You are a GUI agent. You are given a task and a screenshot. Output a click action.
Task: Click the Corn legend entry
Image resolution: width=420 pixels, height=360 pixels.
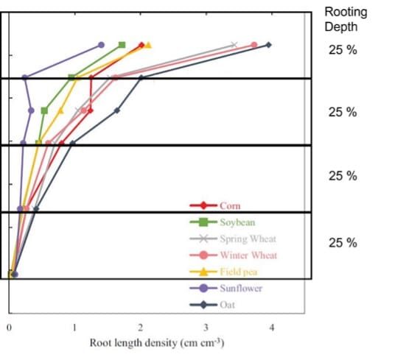pyautogui.click(x=215, y=205)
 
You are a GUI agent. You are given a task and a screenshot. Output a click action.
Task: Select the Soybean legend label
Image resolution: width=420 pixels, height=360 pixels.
pyautogui.click(x=237, y=222)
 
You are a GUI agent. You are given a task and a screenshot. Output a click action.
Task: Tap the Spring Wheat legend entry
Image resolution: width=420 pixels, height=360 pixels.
pyautogui.click(x=233, y=239)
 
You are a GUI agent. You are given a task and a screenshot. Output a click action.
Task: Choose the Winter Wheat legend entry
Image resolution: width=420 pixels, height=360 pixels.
pyautogui.click(x=234, y=255)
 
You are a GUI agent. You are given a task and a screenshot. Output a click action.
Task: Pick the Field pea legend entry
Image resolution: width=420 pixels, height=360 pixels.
pyautogui.click(x=223, y=272)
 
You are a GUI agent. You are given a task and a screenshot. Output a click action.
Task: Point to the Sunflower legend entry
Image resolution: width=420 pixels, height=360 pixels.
pyautogui.click(x=225, y=289)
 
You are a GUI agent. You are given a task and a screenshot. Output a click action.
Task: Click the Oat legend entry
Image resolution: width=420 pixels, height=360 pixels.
pyautogui.click(x=212, y=305)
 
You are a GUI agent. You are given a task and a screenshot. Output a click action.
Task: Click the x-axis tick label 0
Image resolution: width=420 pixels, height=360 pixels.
pyautogui.click(x=9, y=328)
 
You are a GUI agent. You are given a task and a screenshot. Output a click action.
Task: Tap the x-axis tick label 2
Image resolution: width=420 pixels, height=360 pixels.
pyautogui.click(x=140, y=328)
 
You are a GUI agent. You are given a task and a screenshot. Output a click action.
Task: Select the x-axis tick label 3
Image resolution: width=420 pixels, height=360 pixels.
pyautogui.click(x=206, y=328)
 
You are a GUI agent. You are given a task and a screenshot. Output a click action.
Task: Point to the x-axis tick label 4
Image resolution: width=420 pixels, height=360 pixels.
pyautogui.click(x=272, y=328)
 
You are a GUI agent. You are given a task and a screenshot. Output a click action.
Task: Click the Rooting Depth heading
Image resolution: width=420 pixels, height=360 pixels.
pyautogui.click(x=346, y=19)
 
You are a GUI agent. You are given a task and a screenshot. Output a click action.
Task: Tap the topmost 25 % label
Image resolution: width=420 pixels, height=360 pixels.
pyautogui.click(x=343, y=50)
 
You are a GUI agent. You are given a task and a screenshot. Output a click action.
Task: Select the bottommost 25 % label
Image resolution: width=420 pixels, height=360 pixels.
pyautogui.click(x=343, y=243)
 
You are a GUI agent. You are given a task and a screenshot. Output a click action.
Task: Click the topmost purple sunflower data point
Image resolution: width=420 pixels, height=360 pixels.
pyautogui.click(x=101, y=45)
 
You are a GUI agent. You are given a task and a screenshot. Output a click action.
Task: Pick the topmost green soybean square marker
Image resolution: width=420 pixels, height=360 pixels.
pyautogui.click(x=122, y=45)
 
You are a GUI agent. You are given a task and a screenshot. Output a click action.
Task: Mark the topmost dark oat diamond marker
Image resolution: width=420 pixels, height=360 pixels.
pyautogui.click(x=269, y=45)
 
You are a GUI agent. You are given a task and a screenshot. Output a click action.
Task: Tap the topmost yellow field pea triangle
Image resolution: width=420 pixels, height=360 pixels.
pyautogui.click(x=148, y=45)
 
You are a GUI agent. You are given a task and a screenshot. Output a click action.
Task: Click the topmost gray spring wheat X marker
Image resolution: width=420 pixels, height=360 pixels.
pyautogui.click(x=234, y=44)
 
